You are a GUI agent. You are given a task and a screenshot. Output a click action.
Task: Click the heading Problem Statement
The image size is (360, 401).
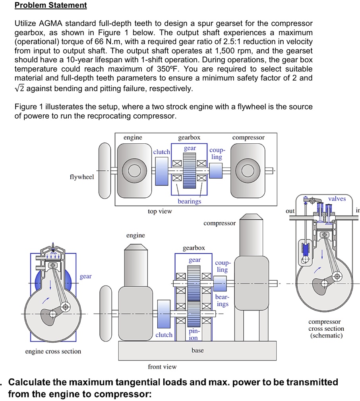[x=50, y=5]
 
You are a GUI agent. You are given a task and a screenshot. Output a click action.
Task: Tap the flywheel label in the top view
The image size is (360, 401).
[x=82, y=177]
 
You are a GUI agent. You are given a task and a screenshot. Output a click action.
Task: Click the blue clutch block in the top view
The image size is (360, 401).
[x=162, y=171]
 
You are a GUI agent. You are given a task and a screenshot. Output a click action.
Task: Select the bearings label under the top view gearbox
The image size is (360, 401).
[x=189, y=201]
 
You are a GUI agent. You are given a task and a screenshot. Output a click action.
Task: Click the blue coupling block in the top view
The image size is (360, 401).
[x=215, y=171]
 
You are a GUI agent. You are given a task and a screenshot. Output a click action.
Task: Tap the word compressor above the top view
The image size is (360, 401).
[x=248, y=137]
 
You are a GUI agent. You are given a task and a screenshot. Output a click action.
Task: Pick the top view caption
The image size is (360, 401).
[x=160, y=212]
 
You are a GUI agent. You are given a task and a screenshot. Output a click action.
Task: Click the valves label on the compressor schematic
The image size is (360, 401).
[x=337, y=199]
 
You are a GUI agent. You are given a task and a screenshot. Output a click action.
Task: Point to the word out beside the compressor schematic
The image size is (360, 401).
[x=290, y=211]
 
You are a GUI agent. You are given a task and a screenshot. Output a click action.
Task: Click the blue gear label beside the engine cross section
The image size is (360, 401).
[x=85, y=276]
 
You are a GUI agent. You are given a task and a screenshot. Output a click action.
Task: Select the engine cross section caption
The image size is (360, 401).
[x=53, y=351]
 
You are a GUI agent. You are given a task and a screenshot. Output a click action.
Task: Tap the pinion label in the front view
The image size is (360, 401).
[x=194, y=334]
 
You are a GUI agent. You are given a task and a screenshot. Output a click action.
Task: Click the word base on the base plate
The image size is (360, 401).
[x=197, y=350]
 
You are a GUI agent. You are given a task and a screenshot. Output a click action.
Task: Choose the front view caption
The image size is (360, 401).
[x=162, y=367]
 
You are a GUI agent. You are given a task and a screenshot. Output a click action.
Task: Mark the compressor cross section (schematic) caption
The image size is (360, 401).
[x=326, y=328]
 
